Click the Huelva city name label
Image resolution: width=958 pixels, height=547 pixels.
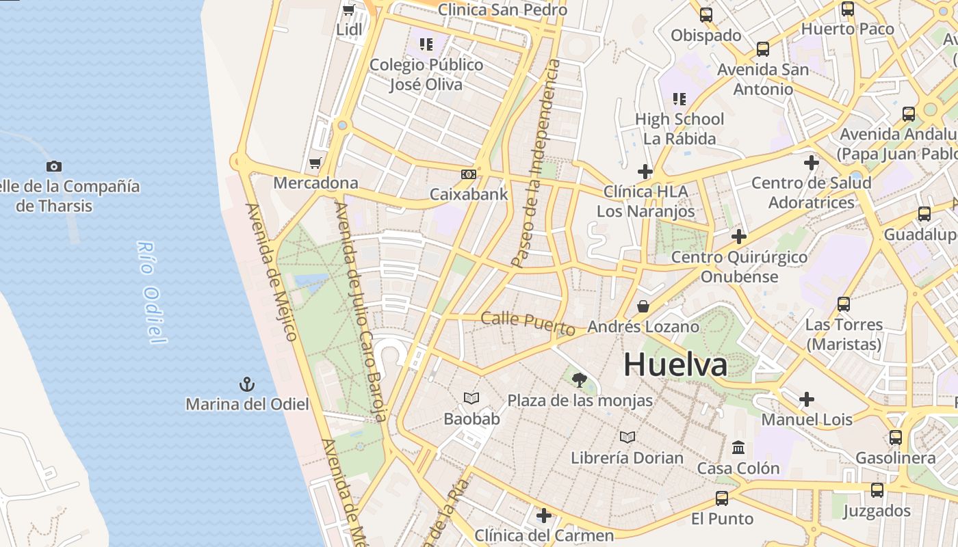pyautogui.click(x=675, y=364)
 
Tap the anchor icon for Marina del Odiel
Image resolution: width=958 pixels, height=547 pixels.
pyautogui.click(x=246, y=385)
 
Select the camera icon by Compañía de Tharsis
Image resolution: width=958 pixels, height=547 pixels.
pyautogui.click(x=54, y=166)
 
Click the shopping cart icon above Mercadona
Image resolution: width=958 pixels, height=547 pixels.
pyautogui.click(x=315, y=163)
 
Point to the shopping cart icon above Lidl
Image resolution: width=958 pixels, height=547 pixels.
pyautogui.click(x=348, y=10)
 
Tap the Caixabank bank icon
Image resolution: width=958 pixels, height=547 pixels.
pyautogui.click(x=469, y=174)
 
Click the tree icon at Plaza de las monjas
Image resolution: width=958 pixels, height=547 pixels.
pyautogui.click(x=580, y=379)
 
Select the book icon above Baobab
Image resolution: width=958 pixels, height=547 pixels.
pyautogui.click(x=471, y=398)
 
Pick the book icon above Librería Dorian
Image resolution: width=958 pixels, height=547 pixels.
pyautogui.click(x=627, y=437)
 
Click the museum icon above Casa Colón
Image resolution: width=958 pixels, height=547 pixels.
pyautogui.click(x=738, y=448)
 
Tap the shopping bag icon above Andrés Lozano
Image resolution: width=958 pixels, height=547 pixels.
pyautogui.click(x=643, y=306)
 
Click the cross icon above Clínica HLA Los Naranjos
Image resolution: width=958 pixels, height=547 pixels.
pyautogui.click(x=645, y=171)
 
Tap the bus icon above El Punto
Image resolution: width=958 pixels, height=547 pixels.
pyautogui.click(x=722, y=498)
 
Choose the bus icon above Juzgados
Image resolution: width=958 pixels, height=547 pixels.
pyautogui.click(x=877, y=490)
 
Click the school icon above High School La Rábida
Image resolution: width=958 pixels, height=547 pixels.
pyautogui.click(x=679, y=99)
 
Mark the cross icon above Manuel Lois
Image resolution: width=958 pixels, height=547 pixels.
pyautogui.click(x=807, y=399)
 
